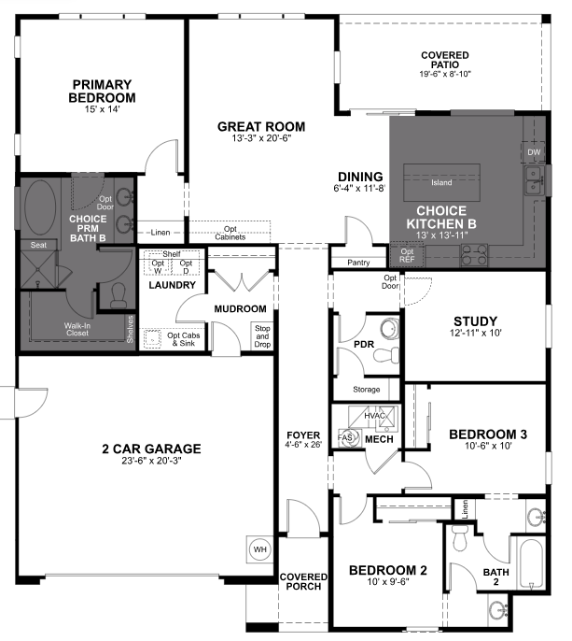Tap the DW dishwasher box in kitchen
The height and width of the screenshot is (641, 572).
[x=534, y=152]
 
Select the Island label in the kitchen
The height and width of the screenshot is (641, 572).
[x=441, y=182]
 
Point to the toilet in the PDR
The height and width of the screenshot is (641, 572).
[x=387, y=329]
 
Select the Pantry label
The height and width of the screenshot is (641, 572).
[x=358, y=264]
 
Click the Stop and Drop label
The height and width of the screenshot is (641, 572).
[x=262, y=335]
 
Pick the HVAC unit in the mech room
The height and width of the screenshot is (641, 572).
[x=374, y=416]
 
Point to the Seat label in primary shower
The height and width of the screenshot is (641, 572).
[x=38, y=245]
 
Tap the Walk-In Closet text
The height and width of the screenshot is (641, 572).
[x=77, y=330]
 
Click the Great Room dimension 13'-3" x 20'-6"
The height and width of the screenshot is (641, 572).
[x=260, y=139]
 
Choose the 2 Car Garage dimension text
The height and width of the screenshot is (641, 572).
[x=151, y=461]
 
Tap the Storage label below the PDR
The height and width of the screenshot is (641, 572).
[x=366, y=390]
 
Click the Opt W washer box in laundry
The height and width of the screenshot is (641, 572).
[x=158, y=267]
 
